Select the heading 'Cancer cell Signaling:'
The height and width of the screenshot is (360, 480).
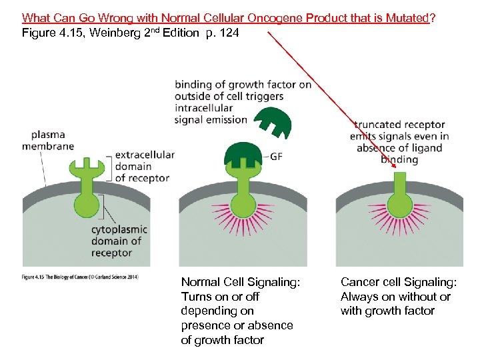coord(398,283)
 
